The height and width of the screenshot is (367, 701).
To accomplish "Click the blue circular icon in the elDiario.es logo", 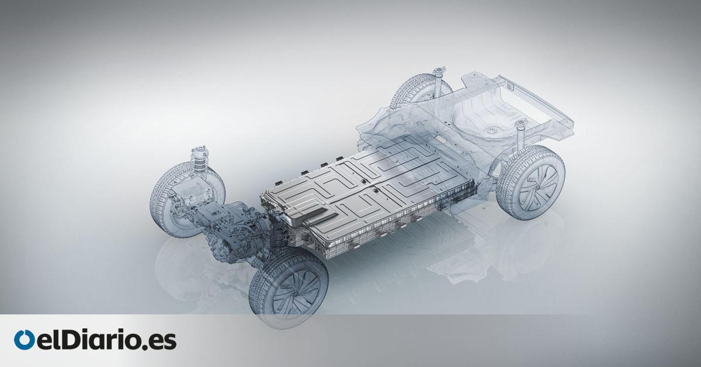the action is coord(24,340).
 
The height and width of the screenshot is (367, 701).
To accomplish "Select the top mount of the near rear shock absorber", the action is coord(520,124).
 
